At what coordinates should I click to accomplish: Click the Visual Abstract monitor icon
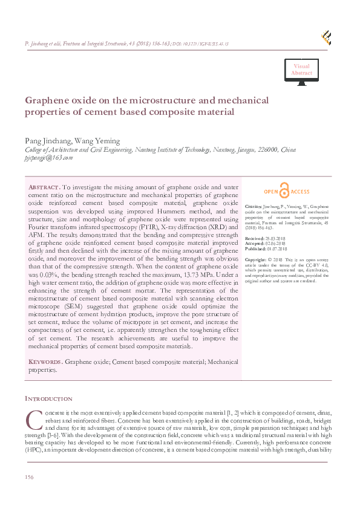301,71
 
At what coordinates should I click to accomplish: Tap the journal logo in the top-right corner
326,38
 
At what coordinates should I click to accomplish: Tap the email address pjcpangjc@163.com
48,157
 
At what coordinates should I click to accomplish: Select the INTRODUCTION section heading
48,399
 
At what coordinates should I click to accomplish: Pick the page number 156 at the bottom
29,478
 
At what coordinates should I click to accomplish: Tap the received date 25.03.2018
275,239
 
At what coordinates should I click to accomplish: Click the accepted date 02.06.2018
275,244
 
